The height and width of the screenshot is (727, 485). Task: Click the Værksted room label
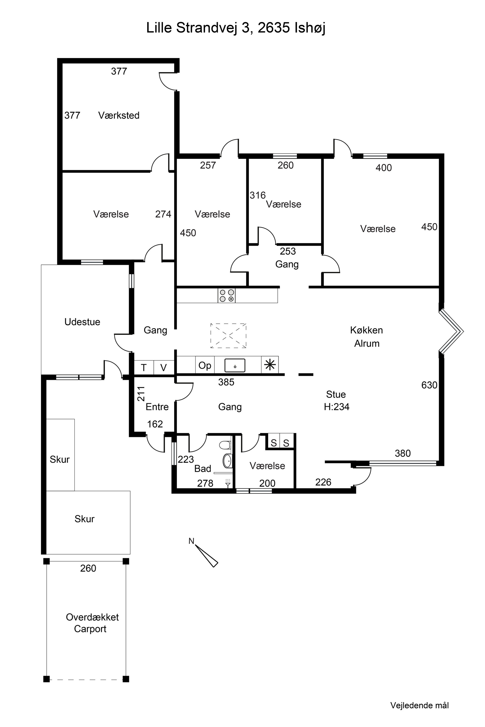click(x=119, y=115)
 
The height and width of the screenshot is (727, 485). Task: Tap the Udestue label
click(x=82, y=322)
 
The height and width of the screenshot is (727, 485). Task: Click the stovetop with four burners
click(x=226, y=295)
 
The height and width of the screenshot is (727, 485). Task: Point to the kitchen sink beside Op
click(x=235, y=365)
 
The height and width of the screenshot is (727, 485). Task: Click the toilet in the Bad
click(x=225, y=445)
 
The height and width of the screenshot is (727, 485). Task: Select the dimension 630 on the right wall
click(x=429, y=385)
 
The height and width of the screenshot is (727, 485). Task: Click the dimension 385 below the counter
click(x=226, y=382)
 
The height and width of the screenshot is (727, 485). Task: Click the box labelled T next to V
click(x=144, y=368)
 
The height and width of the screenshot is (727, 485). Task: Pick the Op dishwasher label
click(x=205, y=365)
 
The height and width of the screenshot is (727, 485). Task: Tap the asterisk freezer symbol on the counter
click(x=270, y=365)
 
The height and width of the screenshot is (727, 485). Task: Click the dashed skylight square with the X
click(x=228, y=336)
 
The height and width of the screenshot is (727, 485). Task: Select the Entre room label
click(x=157, y=407)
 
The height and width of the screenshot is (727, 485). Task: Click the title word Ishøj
click(x=310, y=28)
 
